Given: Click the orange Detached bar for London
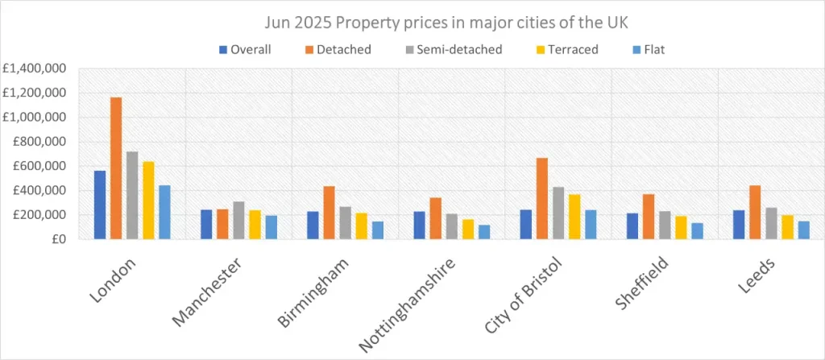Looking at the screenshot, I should (x=116, y=168).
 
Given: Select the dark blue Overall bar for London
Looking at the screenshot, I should (x=100, y=205).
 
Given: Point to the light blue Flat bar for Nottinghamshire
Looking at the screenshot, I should (x=484, y=232).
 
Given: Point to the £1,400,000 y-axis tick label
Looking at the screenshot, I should (x=36, y=68).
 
